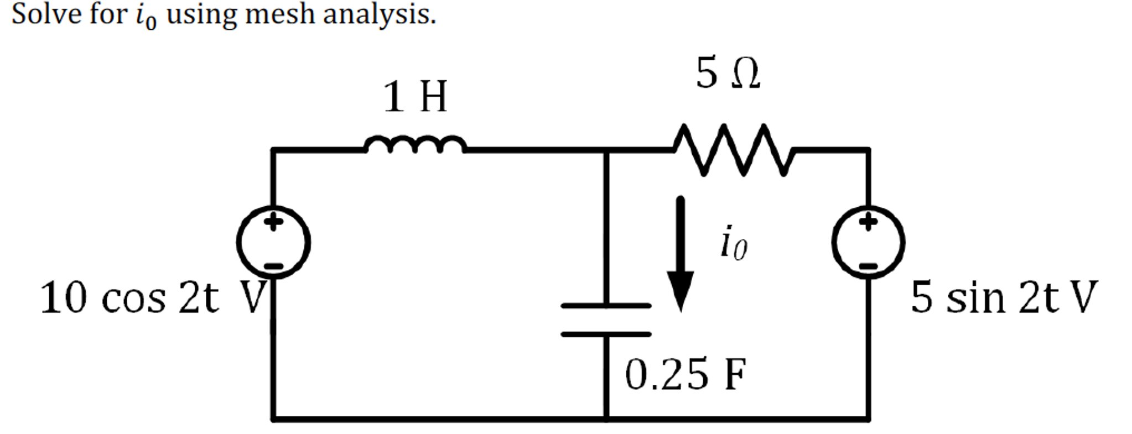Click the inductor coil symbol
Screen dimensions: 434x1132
415,144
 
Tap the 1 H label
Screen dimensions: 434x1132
415,97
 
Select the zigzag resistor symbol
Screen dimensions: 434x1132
733,150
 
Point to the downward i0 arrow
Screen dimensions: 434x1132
680,254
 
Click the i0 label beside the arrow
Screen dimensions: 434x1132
734,243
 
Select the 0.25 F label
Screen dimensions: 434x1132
686,374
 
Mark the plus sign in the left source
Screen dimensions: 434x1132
273,222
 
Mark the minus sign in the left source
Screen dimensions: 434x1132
273,266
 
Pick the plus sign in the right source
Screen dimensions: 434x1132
869,222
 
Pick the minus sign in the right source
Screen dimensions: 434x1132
869,266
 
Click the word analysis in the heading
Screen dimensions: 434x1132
379,15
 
